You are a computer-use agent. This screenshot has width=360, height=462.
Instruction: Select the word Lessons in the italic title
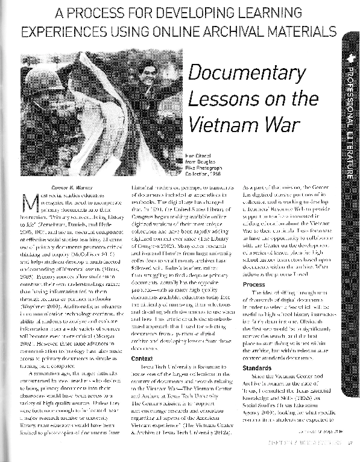(215, 97)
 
